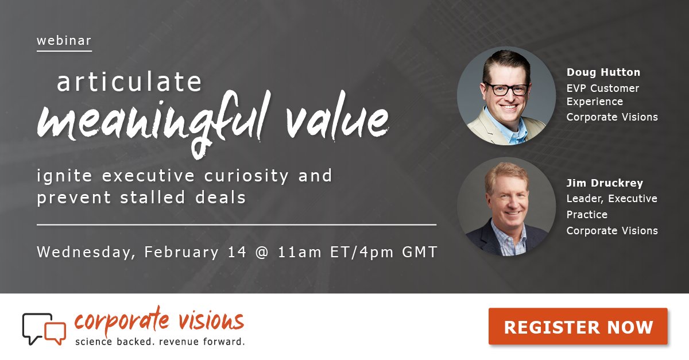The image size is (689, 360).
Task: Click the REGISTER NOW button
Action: click(x=578, y=327)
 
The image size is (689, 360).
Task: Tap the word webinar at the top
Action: click(x=64, y=41)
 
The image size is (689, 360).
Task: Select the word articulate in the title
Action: click(x=129, y=82)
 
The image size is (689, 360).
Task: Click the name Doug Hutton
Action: click(x=603, y=72)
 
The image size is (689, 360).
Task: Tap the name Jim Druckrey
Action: click(x=605, y=183)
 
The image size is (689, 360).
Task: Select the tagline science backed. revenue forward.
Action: click(x=160, y=342)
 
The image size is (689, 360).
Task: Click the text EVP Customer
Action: click(x=603, y=88)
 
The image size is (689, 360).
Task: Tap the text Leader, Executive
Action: click(x=611, y=199)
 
